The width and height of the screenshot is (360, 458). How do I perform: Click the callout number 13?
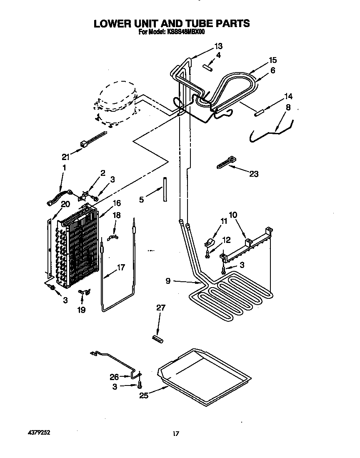click(218, 46)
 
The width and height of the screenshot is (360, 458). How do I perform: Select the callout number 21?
click(65, 157)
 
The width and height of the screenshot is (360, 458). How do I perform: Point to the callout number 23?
click(253, 174)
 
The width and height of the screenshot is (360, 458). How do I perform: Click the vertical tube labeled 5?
click(165, 190)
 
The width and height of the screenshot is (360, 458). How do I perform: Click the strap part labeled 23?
click(226, 162)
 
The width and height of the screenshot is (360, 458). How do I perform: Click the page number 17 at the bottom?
click(176, 434)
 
